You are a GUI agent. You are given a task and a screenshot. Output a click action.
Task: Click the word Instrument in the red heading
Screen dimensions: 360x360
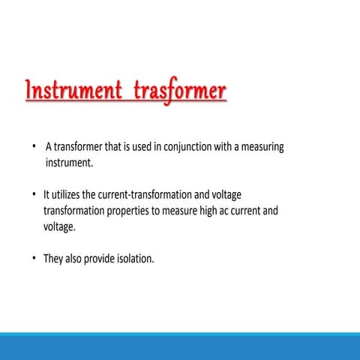(73, 91)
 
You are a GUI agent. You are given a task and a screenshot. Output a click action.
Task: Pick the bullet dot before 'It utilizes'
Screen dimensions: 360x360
(34, 195)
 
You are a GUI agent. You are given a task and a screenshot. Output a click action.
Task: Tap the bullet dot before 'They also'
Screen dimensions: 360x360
(34, 259)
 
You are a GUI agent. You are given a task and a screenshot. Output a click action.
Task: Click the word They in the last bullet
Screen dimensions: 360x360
(53, 259)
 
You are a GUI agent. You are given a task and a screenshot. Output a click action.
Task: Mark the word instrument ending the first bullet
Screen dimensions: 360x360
(67, 162)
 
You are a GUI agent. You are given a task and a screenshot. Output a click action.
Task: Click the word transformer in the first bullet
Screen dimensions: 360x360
(82, 147)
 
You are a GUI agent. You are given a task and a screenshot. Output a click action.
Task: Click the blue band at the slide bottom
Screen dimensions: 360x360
(180, 346)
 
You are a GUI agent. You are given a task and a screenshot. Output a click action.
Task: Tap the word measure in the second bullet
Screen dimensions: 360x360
(175, 211)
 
